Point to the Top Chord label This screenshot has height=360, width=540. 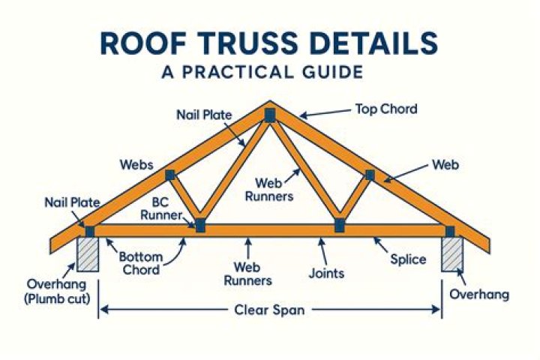(385, 109)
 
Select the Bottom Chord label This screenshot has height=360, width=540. (139, 263)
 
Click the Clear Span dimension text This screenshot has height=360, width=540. (269, 309)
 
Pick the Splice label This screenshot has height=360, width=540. (408, 259)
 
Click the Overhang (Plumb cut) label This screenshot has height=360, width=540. (57, 291)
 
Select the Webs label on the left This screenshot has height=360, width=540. (136, 163)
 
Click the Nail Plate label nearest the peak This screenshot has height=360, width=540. (205, 115)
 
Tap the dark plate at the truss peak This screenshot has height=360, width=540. (269, 115)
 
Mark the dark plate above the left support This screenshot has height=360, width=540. (90, 231)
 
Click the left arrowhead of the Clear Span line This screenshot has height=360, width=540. (103, 309)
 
